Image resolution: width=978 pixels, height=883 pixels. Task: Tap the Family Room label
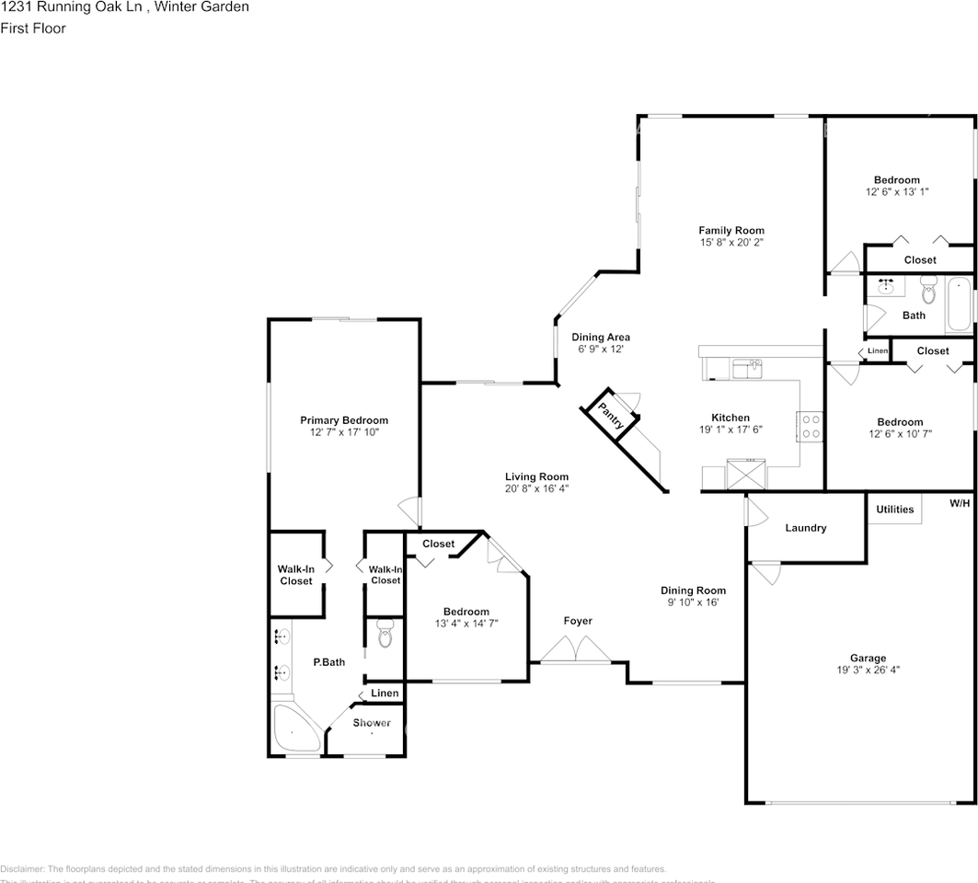click(x=731, y=231)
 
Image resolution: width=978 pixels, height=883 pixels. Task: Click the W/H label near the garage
click(x=960, y=503)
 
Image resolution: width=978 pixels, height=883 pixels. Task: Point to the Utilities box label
click(x=894, y=509)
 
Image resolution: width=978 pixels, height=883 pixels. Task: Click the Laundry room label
click(x=805, y=528)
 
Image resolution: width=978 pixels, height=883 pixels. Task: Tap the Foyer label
click(x=578, y=621)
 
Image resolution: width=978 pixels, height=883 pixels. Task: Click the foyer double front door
click(x=575, y=650)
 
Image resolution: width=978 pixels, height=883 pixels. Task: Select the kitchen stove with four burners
click(x=809, y=426)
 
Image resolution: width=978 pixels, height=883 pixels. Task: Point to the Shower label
click(x=372, y=723)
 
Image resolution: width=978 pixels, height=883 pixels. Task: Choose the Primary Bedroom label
click(x=344, y=420)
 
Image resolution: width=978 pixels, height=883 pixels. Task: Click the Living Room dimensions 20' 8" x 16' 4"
click(x=536, y=488)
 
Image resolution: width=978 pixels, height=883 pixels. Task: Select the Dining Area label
click(x=601, y=338)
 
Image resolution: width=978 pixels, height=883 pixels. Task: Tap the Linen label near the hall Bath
click(x=878, y=351)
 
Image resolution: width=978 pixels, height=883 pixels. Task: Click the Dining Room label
click(x=693, y=591)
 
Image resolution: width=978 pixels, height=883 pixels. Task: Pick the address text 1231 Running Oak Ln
click(x=61, y=7)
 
